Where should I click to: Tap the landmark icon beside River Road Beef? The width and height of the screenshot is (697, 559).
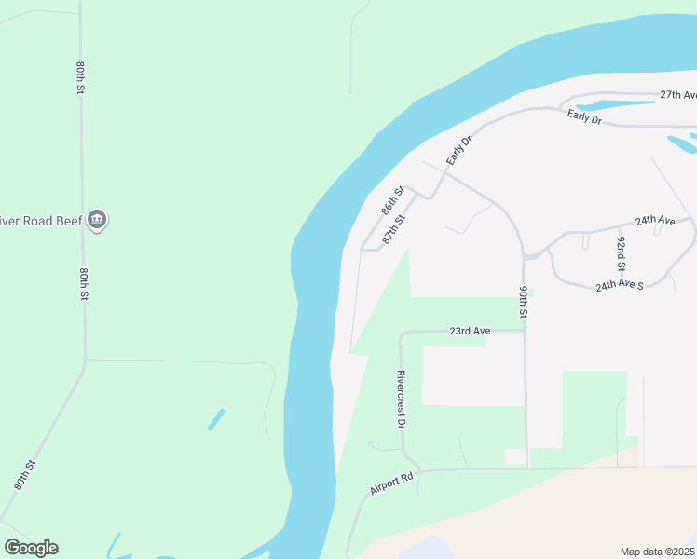click(97, 221)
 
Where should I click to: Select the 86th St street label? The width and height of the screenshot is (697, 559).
click(393, 200)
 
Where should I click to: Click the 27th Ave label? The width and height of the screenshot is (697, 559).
click(677, 95)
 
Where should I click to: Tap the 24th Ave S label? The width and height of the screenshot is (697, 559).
click(620, 285)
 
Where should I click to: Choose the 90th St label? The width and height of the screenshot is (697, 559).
click(525, 302)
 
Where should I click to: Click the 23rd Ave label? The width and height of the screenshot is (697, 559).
click(470, 331)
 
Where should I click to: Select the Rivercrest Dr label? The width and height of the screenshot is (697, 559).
click(402, 399)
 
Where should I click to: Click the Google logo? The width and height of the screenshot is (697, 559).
click(31, 548)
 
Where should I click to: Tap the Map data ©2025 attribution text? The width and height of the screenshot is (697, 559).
click(657, 552)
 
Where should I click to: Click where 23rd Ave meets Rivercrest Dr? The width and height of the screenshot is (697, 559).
click(402, 333)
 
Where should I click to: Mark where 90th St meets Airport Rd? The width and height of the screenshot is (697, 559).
click(526, 469)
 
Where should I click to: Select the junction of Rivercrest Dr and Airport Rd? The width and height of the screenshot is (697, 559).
click(418, 470)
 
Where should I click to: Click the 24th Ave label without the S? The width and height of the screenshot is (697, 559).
click(655, 221)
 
